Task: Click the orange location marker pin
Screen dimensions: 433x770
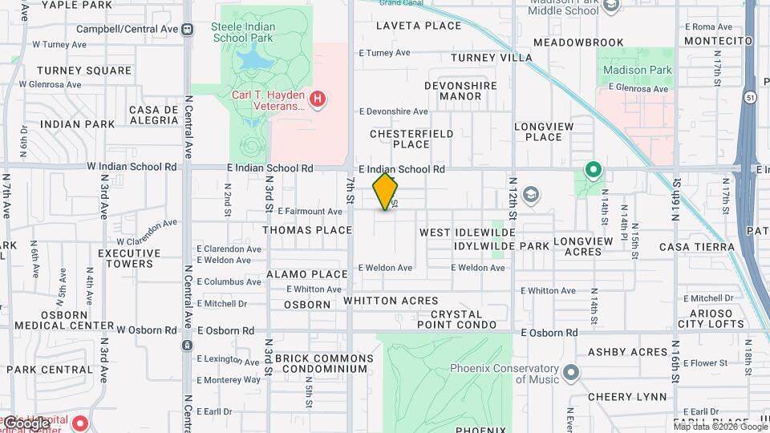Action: coord(386,191)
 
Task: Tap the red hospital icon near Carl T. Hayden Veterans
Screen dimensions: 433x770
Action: coord(318,99)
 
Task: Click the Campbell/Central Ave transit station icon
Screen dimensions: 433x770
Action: coord(187,29)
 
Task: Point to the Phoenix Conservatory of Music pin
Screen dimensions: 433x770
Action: coord(571,372)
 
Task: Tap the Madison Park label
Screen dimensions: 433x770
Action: coord(638,70)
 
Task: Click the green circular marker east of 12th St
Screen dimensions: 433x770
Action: coord(593,169)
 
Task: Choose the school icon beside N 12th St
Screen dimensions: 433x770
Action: coord(530,193)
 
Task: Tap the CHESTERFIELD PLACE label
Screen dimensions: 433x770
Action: coord(411,139)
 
